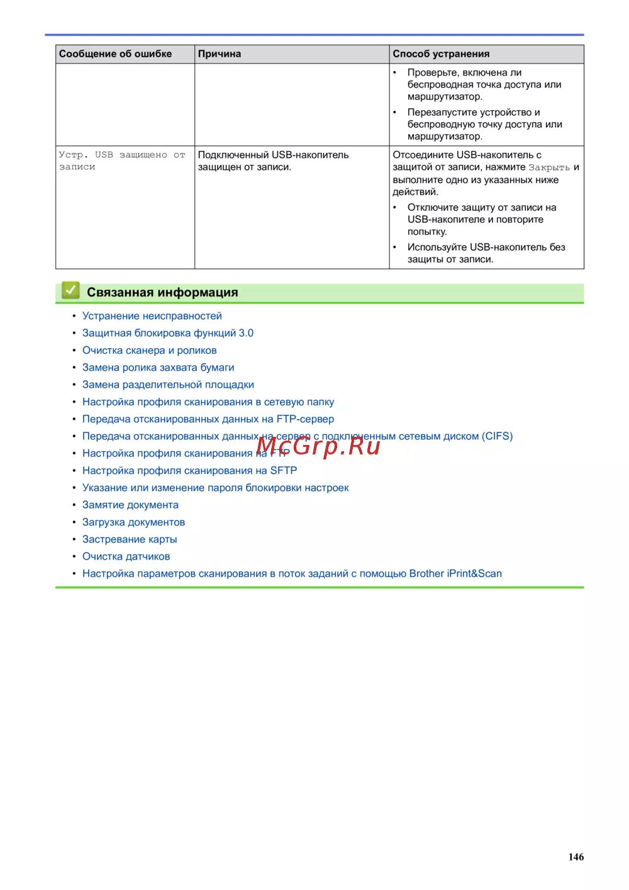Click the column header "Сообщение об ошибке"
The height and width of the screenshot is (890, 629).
click(115, 54)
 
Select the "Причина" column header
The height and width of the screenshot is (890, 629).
click(220, 54)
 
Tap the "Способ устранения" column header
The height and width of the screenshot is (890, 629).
click(441, 54)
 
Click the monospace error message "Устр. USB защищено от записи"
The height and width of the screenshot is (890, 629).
click(121, 161)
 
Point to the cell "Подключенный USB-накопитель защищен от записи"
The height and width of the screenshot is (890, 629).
click(273, 161)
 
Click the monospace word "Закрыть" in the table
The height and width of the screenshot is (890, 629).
click(548, 167)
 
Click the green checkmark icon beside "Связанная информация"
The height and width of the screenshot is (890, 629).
click(70, 291)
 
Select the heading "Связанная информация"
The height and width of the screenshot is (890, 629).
click(162, 292)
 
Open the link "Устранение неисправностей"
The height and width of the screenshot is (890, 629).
click(152, 316)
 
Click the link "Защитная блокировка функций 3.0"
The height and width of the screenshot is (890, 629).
click(167, 333)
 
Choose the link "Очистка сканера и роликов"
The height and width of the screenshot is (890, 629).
click(149, 350)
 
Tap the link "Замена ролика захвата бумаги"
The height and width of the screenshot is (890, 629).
click(158, 368)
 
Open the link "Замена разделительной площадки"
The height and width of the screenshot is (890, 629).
click(168, 385)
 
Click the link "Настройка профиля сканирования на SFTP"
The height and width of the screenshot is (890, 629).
click(189, 470)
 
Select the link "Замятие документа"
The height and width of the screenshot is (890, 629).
click(130, 505)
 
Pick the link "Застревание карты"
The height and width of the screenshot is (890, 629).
click(130, 539)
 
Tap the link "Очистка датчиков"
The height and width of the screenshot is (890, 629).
click(126, 556)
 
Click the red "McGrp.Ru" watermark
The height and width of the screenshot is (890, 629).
click(318, 446)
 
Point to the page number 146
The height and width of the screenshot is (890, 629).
click(576, 857)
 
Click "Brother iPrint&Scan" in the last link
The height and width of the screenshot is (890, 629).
click(455, 573)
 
